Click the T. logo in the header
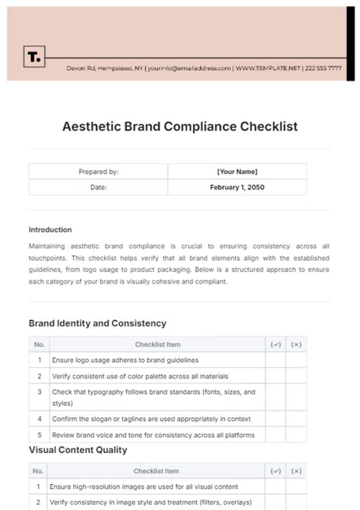click(34, 57)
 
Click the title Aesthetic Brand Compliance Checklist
click(179, 126)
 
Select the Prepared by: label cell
click(98, 172)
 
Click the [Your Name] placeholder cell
click(238, 172)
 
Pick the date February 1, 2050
click(238, 187)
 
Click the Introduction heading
click(50, 230)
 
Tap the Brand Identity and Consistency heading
click(97, 323)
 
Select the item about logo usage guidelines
click(125, 360)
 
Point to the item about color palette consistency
click(139, 375)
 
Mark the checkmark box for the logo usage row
click(275, 360)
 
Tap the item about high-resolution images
click(144, 486)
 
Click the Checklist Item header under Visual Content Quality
click(156, 471)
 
